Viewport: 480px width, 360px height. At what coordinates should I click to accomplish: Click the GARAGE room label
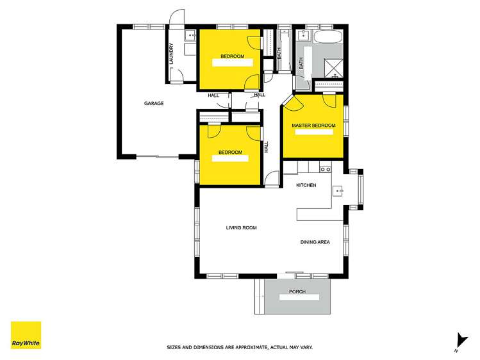tap(154, 103)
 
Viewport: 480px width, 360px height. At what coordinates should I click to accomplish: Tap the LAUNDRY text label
tap(172, 51)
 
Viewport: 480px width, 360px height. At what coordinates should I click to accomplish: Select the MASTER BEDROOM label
tap(313, 125)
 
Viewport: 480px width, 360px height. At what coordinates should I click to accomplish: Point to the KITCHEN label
tap(306, 185)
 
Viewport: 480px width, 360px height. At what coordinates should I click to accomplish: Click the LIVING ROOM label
tap(241, 227)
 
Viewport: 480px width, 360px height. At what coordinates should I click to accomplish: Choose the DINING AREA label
tap(315, 242)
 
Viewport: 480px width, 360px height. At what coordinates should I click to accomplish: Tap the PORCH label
tap(297, 292)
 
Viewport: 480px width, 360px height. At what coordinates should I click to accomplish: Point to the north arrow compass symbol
tap(458, 340)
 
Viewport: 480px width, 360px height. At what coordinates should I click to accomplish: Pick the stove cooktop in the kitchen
tap(325, 170)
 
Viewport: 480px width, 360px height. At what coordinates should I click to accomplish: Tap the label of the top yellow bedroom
tap(232, 56)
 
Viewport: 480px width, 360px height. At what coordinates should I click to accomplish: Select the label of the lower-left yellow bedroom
tap(230, 152)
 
